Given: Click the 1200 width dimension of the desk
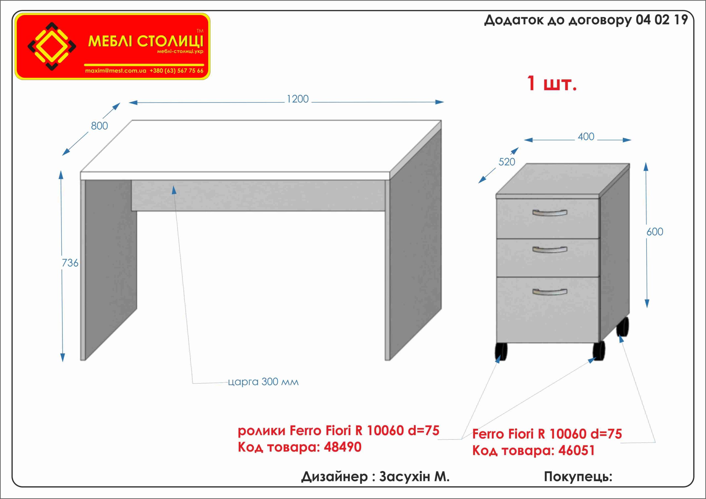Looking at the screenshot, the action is click(x=297, y=99).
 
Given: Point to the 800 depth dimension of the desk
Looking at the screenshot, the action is click(x=99, y=126).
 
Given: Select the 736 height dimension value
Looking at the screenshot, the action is click(x=70, y=263).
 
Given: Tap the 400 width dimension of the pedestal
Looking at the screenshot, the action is click(x=586, y=136).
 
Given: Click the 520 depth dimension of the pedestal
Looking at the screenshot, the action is click(x=507, y=162).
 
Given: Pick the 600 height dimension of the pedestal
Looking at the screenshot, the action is click(x=655, y=232).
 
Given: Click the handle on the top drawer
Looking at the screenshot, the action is click(x=549, y=213).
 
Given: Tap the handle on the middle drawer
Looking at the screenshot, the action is click(x=549, y=249).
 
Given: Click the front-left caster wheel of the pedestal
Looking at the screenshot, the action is click(x=501, y=351).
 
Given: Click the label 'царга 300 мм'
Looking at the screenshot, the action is click(x=263, y=382).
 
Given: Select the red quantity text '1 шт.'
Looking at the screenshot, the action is click(x=552, y=83).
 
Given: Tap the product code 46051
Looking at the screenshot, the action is click(x=577, y=450).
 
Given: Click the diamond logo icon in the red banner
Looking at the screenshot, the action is click(x=52, y=46).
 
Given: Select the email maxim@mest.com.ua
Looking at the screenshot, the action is click(x=116, y=71).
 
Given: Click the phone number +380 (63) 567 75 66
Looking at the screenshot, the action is click(x=176, y=71).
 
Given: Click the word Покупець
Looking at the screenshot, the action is click(x=578, y=477).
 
